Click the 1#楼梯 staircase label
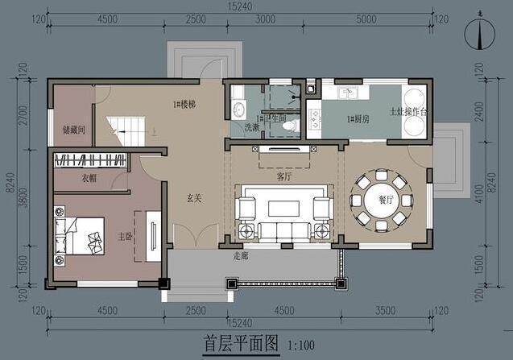[x=184, y=106]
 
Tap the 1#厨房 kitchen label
[x=358, y=118]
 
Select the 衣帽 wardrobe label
[x=89, y=178]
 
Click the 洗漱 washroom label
[x=241, y=126]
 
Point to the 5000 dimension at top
[x=365, y=19]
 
